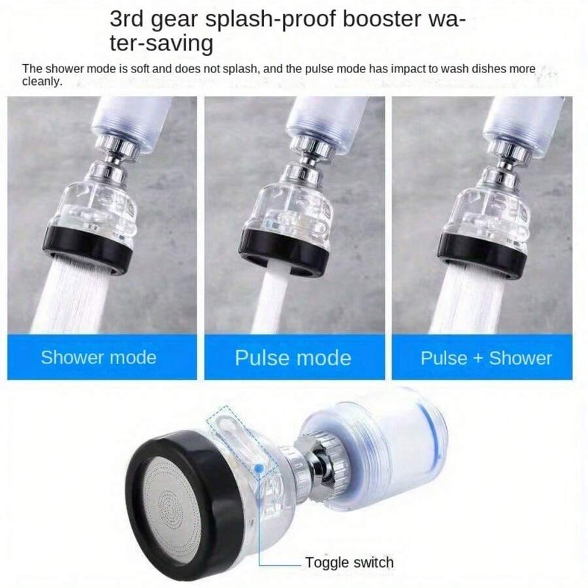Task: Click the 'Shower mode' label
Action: click(x=99, y=357)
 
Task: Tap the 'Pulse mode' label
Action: click(x=293, y=358)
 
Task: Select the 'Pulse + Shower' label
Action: click(x=486, y=358)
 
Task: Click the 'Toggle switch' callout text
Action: click(x=350, y=563)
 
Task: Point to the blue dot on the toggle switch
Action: click(x=260, y=468)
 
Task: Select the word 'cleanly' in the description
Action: click(x=42, y=82)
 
